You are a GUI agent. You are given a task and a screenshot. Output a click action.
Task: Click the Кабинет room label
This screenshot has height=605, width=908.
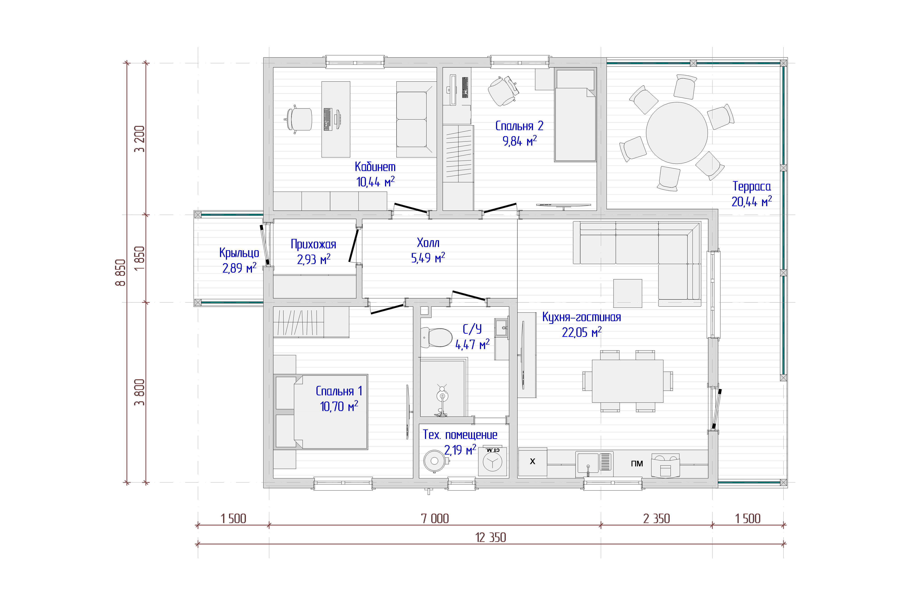pyautogui.click(x=375, y=167)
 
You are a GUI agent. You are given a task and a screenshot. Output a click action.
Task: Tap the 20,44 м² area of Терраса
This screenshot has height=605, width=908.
pyautogui.click(x=751, y=201)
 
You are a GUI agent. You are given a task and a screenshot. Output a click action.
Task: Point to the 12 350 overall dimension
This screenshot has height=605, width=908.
pyautogui.click(x=490, y=537)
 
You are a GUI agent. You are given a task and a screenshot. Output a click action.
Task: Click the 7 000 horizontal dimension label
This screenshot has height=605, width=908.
pyautogui.click(x=435, y=519)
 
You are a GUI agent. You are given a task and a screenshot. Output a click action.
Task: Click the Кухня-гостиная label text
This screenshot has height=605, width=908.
pyautogui.click(x=581, y=317)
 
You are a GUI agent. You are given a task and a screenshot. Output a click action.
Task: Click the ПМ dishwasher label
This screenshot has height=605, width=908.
pyautogui.click(x=637, y=463)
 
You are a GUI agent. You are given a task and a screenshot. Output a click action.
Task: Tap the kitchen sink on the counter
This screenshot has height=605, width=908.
pyautogui.click(x=594, y=463)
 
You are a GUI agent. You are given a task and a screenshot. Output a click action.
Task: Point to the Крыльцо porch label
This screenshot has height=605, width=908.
pyautogui.click(x=239, y=253)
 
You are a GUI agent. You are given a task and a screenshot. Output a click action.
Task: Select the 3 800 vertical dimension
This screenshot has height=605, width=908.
pyautogui.click(x=139, y=392)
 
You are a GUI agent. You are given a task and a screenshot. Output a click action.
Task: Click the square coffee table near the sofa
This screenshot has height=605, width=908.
pyautogui.click(x=628, y=293)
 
